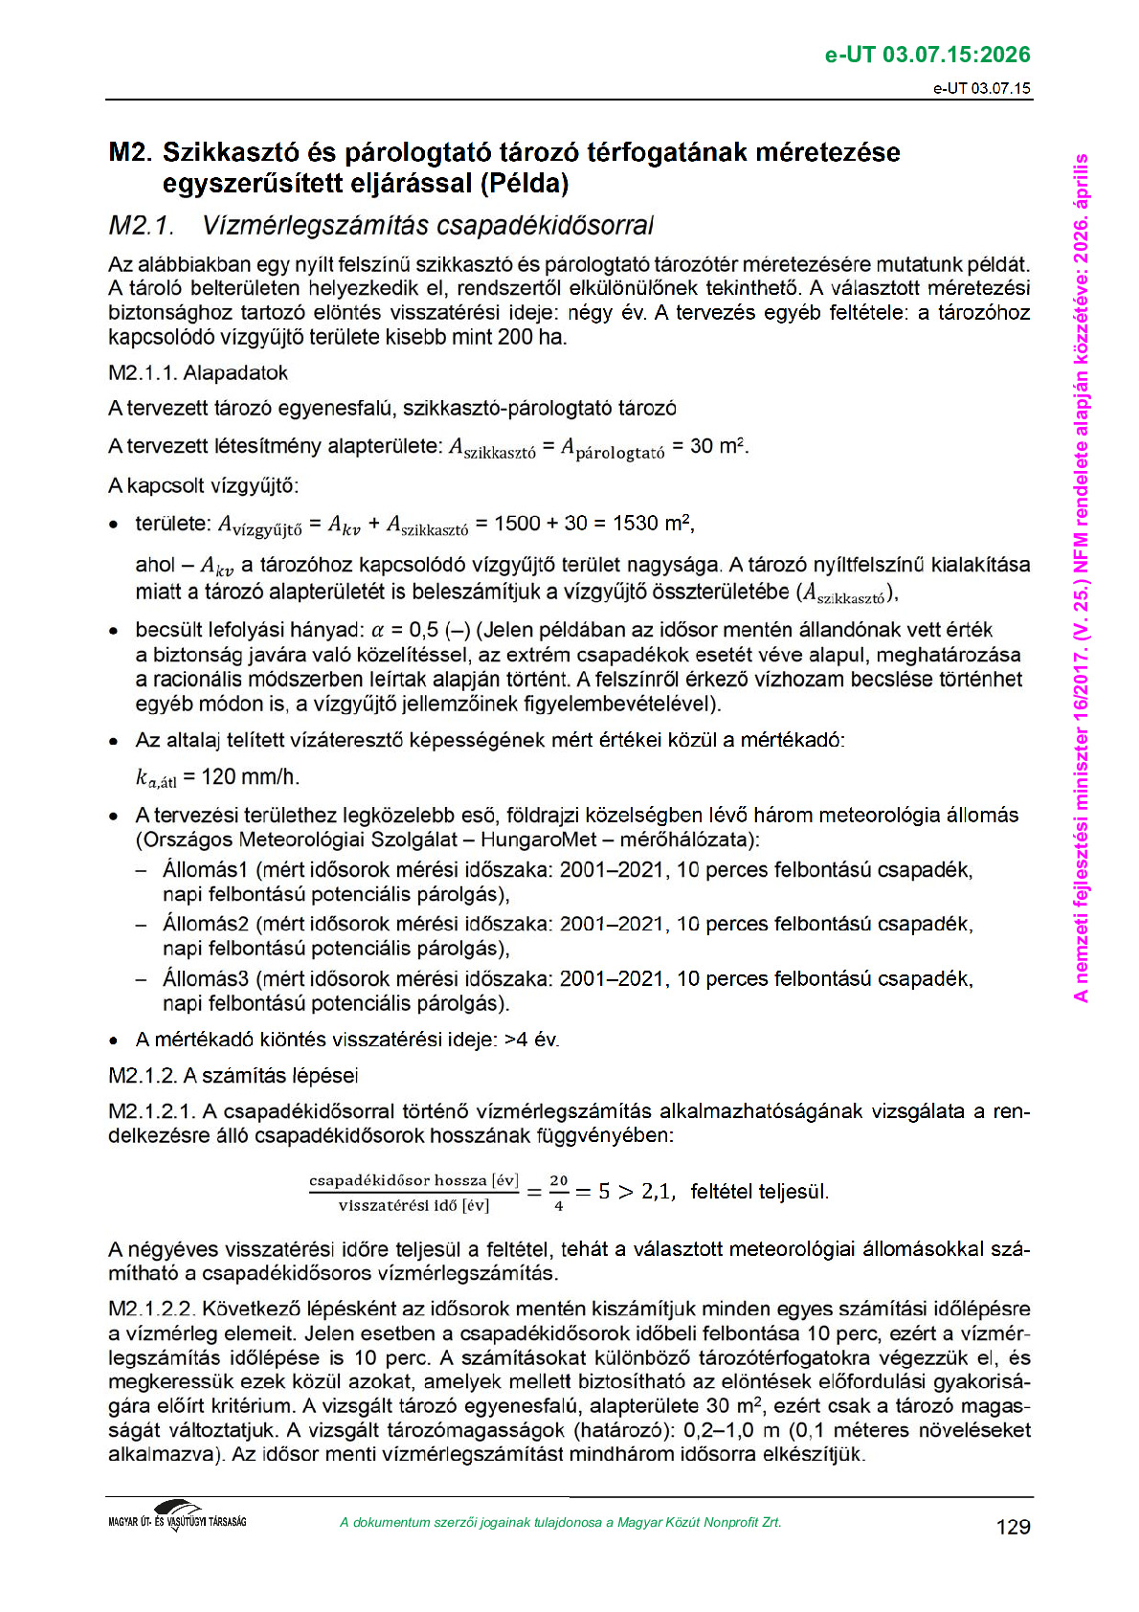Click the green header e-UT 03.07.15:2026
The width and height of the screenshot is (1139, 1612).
(x=927, y=55)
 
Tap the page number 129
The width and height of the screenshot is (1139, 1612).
(x=1013, y=1527)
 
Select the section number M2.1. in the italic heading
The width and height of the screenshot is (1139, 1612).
(x=141, y=226)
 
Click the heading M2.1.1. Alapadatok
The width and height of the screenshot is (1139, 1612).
(x=197, y=372)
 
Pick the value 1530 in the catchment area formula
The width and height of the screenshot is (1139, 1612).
(x=636, y=523)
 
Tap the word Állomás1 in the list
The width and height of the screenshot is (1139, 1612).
(x=205, y=870)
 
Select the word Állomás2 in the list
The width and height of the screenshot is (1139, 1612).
(x=205, y=925)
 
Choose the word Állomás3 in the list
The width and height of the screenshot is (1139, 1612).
(x=205, y=979)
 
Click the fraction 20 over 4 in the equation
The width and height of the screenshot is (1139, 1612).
(x=559, y=1193)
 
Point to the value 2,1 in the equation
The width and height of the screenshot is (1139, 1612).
(x=657, y=1192)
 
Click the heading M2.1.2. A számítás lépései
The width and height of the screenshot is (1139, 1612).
(x=233, y=1075)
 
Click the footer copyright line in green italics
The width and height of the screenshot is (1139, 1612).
(x=560, y=1522)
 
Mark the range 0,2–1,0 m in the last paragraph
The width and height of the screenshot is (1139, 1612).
(x=719, y=1430)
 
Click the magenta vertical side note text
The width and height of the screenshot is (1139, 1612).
(x=1081, y=577)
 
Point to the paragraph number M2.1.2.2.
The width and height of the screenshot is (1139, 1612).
(x=151, y=1309)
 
